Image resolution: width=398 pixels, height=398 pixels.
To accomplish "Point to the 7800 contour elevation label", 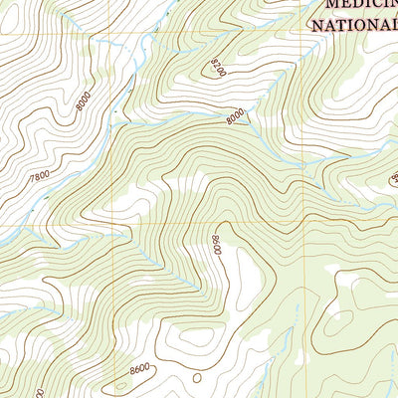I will [x=40, y=178].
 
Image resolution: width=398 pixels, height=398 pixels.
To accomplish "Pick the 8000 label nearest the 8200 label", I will [x=236, y=116].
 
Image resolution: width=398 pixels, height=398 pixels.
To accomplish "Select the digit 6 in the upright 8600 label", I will [x=136, y=371].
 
